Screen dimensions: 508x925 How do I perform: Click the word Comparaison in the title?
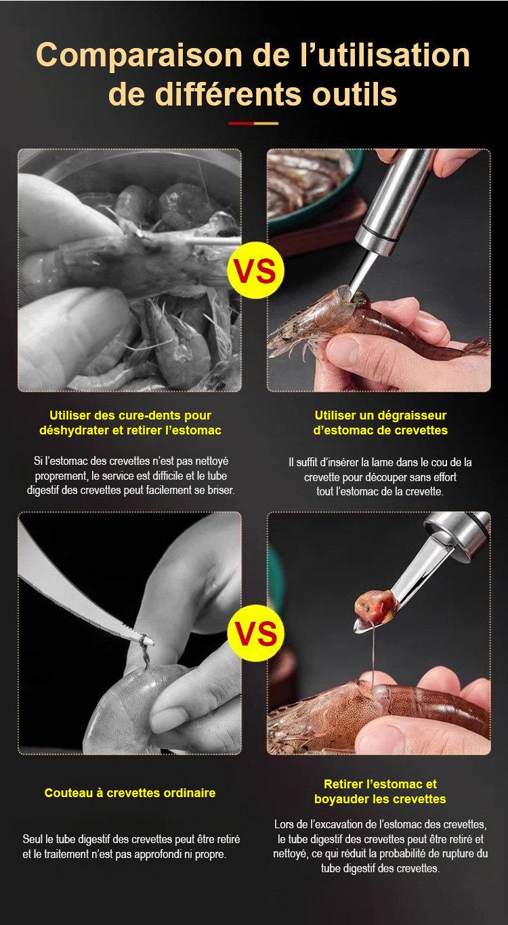[139, 55]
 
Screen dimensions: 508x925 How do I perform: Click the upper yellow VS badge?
[255, 271]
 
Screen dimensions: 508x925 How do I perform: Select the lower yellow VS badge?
[255, 633]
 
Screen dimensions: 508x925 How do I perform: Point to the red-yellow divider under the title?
[253, 123]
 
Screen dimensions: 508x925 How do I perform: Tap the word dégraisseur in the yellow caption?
[406, 415]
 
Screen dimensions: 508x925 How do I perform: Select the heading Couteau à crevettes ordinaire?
[130, 793]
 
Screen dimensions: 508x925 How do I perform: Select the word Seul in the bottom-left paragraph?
[33, 840]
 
